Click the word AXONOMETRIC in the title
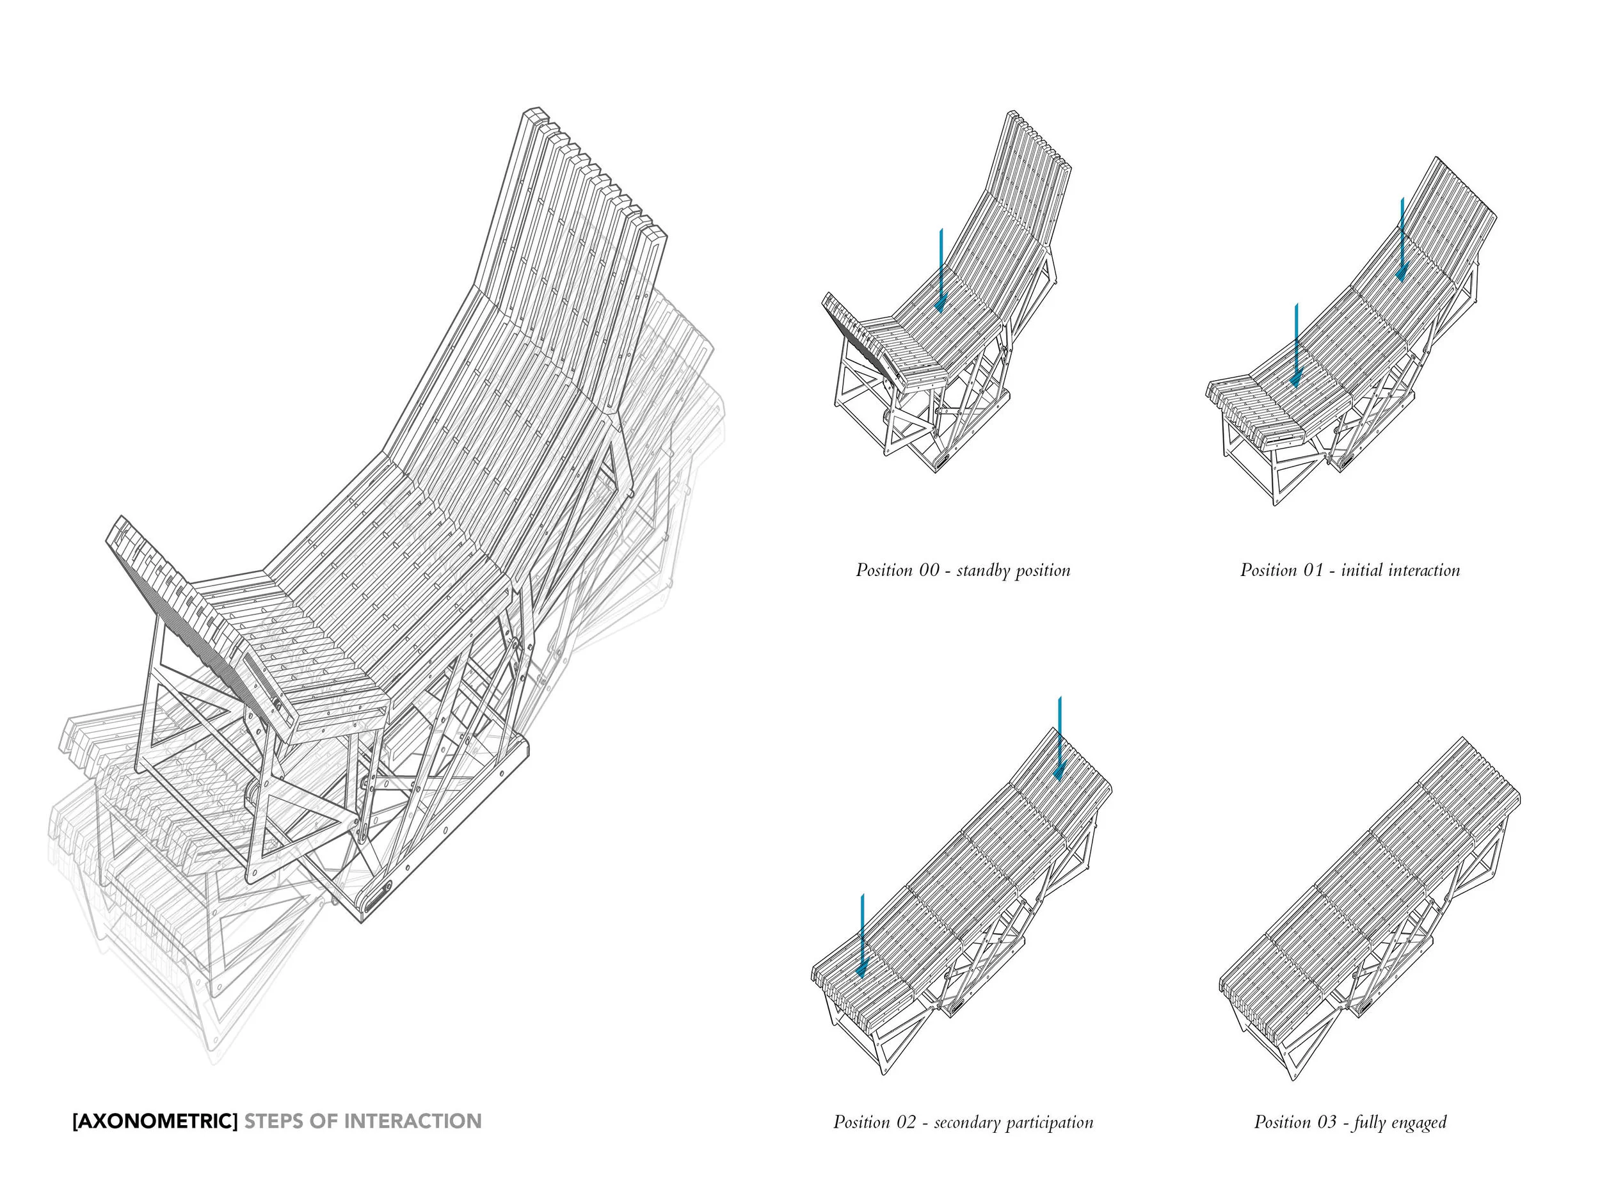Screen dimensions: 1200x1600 click(155, 1121)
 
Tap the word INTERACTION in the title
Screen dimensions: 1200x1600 click(412, 1121)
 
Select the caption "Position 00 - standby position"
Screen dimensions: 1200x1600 click(963, 570)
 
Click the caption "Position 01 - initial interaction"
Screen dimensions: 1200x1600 click(1350, 570)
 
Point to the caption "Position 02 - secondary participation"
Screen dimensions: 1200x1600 click(963, 1122)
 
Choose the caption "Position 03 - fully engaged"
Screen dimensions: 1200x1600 click(1350, 1122)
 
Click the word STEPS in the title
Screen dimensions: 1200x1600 click(273, 1121)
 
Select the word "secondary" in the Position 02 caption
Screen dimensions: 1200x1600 click(963, 1123)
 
